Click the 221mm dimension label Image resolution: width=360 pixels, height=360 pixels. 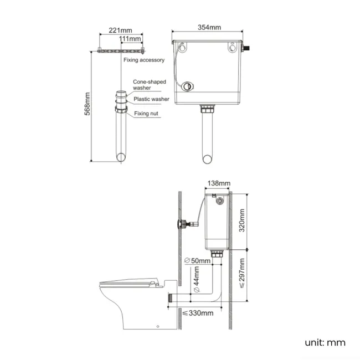pos(121,29)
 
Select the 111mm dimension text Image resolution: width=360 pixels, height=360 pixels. pos(130,39)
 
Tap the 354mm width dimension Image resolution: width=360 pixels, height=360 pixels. pos(209,28)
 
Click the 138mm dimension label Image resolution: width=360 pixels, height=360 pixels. pos(218,183)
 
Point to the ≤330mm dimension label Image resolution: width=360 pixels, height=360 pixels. pos(198,313)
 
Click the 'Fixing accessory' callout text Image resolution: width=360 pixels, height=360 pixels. pos(144,60)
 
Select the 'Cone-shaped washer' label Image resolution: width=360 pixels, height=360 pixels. pos(150,85)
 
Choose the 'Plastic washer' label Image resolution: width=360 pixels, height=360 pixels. pos(151,99)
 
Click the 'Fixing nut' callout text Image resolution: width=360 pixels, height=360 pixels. pos(147,114)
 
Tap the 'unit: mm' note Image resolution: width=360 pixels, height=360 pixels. pos(325,342)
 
